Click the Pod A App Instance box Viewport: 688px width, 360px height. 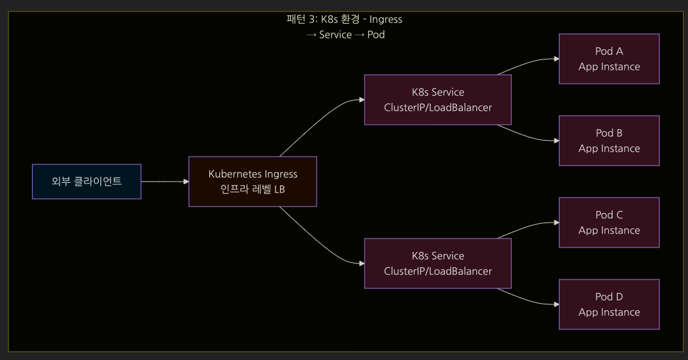point(609,59)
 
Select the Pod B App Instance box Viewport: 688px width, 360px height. point(609,141)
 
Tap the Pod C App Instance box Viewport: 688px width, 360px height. point(609,223)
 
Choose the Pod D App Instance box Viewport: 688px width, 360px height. point(609,304)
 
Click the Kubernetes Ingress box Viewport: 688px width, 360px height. point(253,182)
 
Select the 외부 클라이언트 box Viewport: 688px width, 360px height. point(87,182)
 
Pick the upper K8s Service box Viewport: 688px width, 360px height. point(437,100)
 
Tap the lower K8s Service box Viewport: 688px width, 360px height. point(437,263)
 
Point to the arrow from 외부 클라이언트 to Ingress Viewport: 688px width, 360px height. point(165,182)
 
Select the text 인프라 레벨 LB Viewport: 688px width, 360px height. point(253,189)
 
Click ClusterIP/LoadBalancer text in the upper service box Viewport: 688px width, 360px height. point(437,107)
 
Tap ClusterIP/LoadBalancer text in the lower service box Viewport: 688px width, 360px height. point(437,271)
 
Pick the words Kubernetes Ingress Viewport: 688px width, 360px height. point(253,174)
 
